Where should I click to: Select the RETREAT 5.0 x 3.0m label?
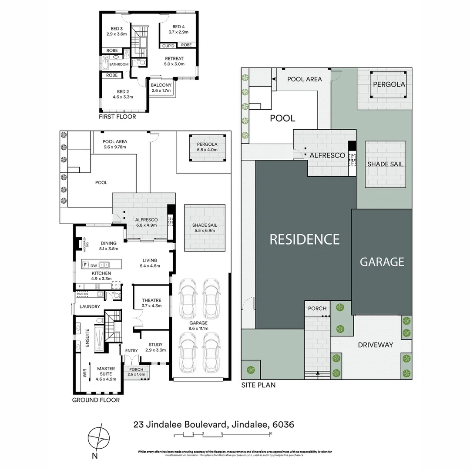174,61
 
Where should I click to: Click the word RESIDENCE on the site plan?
305,239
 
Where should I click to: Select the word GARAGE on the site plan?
382,262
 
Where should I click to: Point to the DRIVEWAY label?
376,345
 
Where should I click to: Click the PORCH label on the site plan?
317,309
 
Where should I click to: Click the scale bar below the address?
226,434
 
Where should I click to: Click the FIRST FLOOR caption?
117,117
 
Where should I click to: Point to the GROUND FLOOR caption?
96,400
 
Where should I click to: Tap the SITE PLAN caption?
258,385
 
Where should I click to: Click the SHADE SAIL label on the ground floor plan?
204,228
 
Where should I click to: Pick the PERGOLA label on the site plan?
389,84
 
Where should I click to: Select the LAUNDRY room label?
90,306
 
